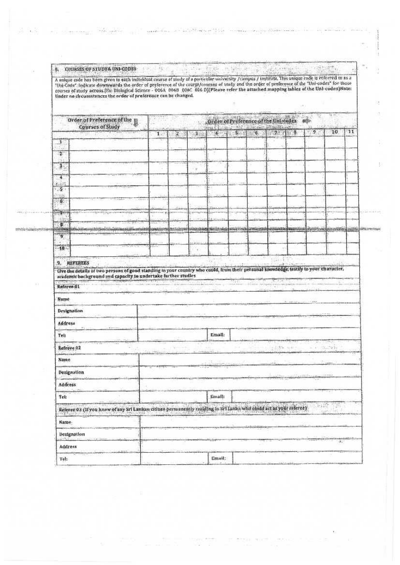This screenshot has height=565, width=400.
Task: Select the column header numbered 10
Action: click(335, 132)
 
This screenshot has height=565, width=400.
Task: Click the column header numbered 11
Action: click(352, 132)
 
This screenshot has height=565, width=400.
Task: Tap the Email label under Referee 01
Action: click(217, 335)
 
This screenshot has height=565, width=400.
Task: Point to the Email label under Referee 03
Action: click(218, 459)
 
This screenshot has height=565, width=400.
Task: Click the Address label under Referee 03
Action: click(68, 446)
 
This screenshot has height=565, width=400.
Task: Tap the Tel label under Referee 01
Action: click(62, 335)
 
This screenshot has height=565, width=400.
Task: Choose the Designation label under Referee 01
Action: click(70, 310)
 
